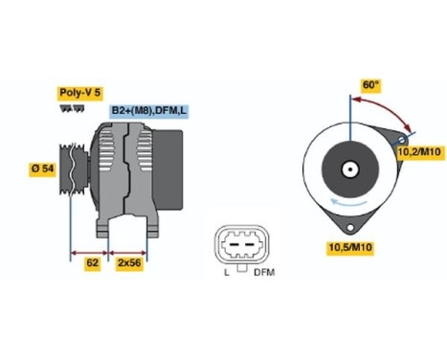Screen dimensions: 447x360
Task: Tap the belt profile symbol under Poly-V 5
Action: (72, 109)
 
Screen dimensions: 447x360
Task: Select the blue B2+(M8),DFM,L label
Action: (148, 111)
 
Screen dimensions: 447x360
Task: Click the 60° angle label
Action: (370, 84)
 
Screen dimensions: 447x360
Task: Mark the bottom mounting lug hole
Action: (351, 228)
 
